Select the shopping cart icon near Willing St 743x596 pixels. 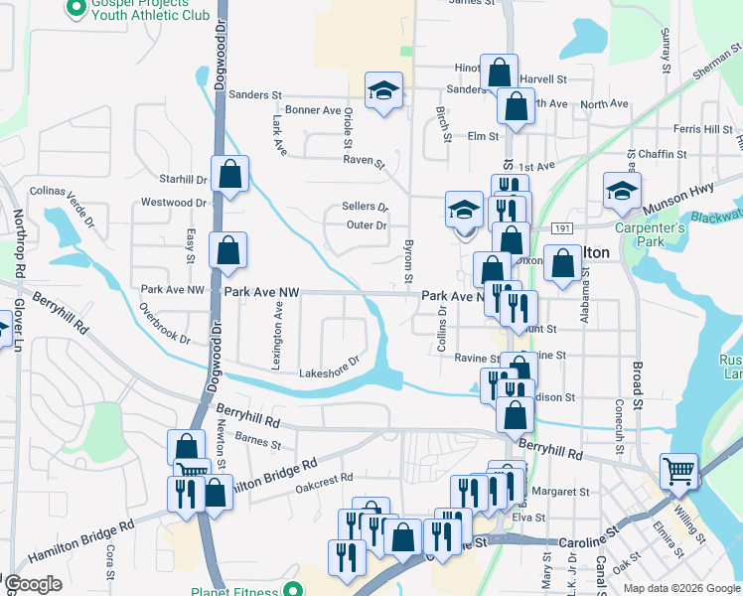coord(679,470)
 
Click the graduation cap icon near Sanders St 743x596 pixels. coord(383,90)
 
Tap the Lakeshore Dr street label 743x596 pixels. coord(329,368)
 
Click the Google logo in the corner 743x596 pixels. coord(33,584)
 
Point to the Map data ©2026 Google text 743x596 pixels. coord(681,587)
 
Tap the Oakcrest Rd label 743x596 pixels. coord(324,479)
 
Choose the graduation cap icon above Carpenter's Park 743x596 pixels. coord(622,190)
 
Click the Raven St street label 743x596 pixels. coord(364,159)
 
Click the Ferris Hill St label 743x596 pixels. coord(702,129)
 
